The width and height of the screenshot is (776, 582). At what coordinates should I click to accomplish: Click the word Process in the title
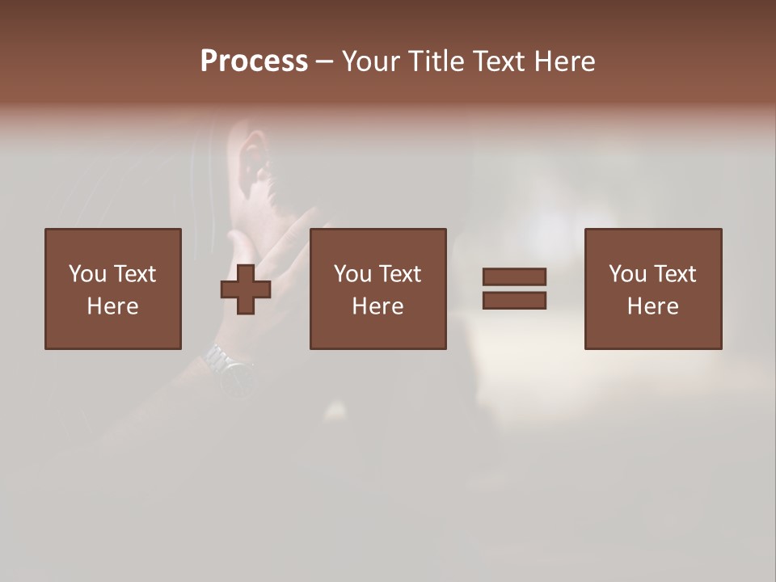pyautogui.click(x=254, y=61)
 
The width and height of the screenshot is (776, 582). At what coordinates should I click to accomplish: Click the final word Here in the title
pyautogui.click(x=565, y=61)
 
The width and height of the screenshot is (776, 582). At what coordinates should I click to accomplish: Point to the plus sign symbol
pyautogui.click(x=246, y=289)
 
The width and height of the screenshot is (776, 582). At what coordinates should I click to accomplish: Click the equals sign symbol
pyautogui.click(x=514, y=289)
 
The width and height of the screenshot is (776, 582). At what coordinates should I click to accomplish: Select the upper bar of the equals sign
pyautogui.click(x=514, y=276)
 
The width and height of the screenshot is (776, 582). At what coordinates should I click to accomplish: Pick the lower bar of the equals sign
pyautogui.click(x=514, y=301)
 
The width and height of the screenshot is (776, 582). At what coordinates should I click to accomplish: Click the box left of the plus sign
pyautogui.click(x=112, y=289)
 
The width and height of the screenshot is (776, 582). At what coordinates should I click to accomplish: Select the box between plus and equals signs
pyautogui.click(x=377, y=289)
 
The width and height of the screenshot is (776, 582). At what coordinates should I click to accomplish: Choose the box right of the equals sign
pyautogui.click(x=652, y=289)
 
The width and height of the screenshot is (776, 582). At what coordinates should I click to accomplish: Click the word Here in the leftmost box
pyautogui.click(x=112, y=306)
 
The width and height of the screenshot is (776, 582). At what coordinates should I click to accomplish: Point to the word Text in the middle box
pyautogui.click(x=399, y=274)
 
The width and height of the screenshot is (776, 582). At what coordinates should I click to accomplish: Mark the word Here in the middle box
pyautogui.click(x=377, y=306)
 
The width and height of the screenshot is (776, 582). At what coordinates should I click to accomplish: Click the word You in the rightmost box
pyautogui.click(x=627, y=274)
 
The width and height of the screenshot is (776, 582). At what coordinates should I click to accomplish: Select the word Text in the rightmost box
pyautogui.click(x=674, y=274)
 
